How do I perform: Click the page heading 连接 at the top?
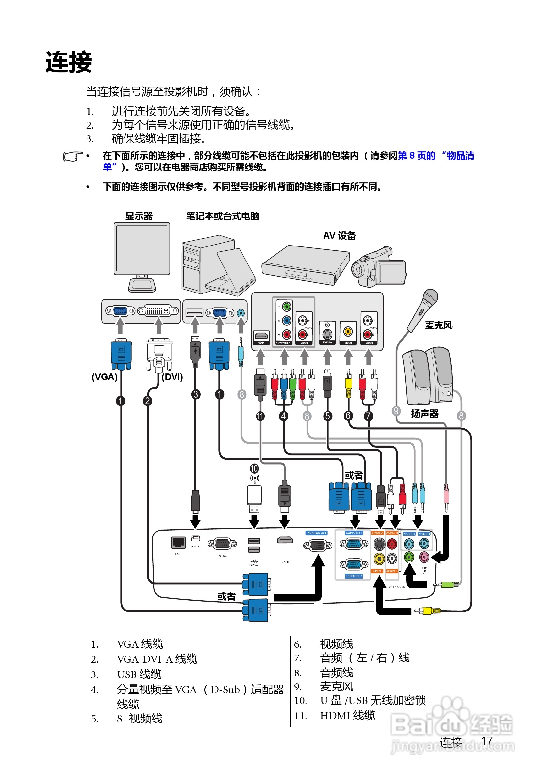pos(69,62)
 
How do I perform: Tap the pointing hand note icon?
pos(73,156)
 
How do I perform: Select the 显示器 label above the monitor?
pos(139,216)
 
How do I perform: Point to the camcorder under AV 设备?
pos(379,267)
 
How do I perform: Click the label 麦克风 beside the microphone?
pos(438,325)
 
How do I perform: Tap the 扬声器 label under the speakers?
pos(424,414)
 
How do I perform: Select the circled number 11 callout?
pos(260,416)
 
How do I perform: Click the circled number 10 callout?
pos(254,469)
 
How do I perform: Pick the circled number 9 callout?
pos(396,411)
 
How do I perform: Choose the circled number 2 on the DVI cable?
pos(147,401)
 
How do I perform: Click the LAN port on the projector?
pos(178,543)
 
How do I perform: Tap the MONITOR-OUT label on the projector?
pos(317,533)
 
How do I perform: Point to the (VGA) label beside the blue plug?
pos(104,377)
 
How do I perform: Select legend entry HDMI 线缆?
pos(347,716)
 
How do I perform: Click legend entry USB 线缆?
pos(139,674)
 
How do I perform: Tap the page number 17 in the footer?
pos(487,740)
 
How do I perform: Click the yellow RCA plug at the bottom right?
pos(427,611)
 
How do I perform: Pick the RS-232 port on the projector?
pos(222,544)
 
